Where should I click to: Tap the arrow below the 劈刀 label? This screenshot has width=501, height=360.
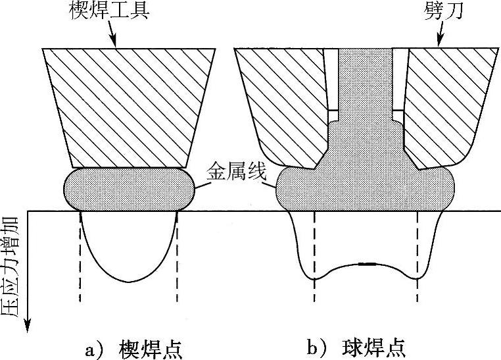pos(440,36)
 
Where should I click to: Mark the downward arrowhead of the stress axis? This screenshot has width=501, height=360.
pos(28,324)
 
